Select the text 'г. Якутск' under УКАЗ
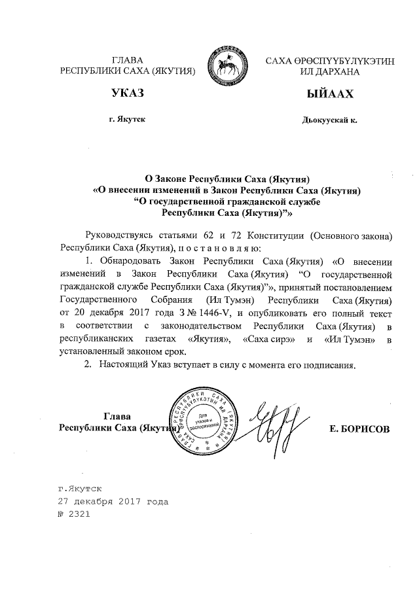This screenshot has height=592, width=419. pyautogui.click(x=127, y=120)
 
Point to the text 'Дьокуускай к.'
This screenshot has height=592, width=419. pyautogui.click(x=329, y=120)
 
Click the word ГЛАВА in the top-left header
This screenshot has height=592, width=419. pyautogui.click(x=128, y=60)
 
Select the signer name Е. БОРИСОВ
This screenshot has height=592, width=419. pyautogui.click(x=361, y=428)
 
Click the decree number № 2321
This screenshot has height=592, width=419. pyautogui.click(x=73, y=514)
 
